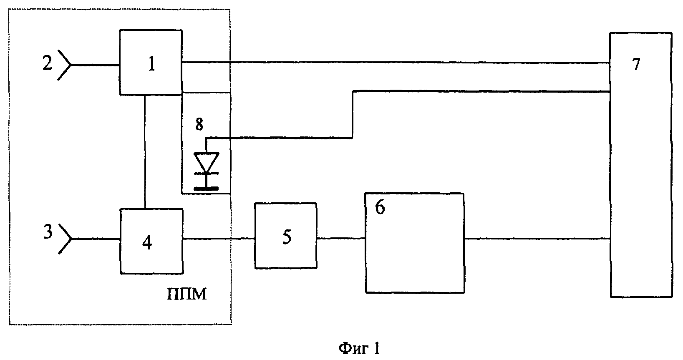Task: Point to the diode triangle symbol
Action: click(207, 163)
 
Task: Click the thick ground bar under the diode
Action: click(206, 189)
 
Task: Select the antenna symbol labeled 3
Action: click(65, 239)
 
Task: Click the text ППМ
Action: click(187, 294)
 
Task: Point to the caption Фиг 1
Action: click(359, 348)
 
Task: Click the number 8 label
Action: click(199, 124)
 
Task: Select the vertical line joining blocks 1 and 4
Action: click(144, 152)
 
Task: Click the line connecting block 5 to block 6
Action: click(341, 238)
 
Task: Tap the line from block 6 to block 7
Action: click(537, 238)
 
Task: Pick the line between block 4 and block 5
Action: click(219, 238)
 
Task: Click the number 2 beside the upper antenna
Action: click(47, 63)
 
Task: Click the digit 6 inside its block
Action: click(380, 208)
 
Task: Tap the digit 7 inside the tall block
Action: click(636, 64)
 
